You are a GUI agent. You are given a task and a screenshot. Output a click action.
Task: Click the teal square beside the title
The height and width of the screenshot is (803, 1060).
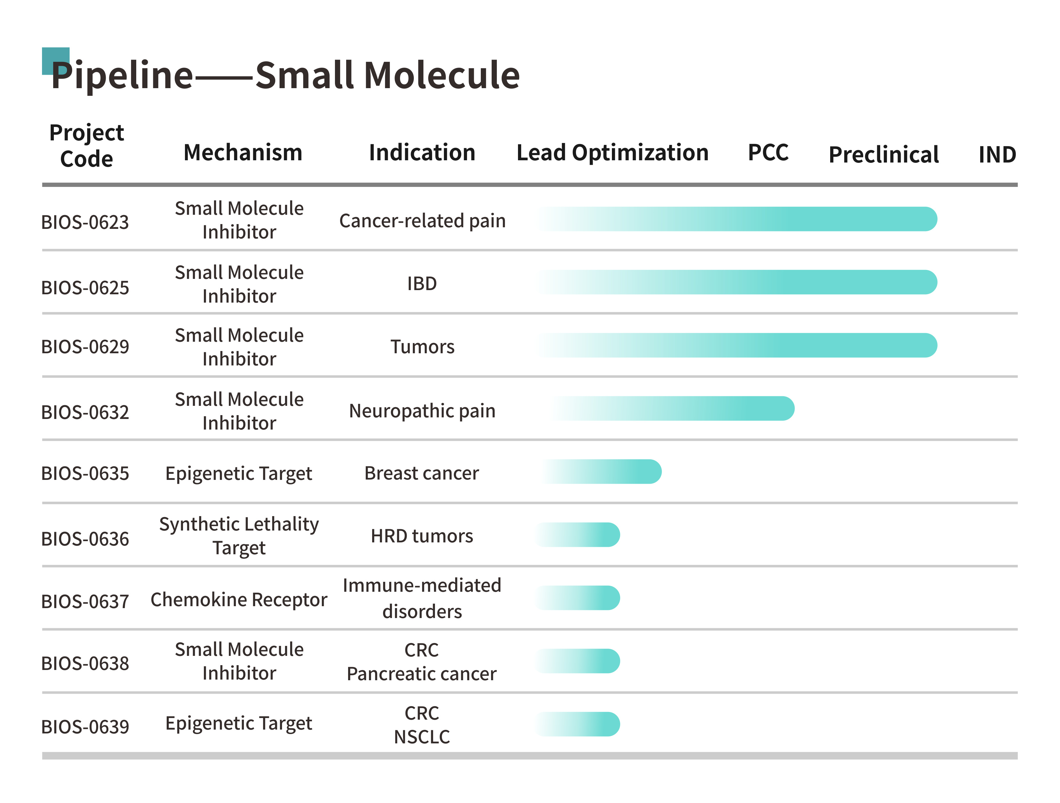click(55, 61)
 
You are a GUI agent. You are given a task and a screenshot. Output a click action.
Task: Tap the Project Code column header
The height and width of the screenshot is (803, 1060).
click(87, 146)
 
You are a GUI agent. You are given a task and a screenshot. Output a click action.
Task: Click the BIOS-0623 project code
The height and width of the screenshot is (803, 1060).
click(85, 222)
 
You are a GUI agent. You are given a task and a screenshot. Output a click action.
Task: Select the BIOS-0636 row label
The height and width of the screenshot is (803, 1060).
click(85, 539)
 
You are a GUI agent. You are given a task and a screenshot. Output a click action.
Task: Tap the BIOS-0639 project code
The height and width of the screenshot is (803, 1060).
click(85, 727)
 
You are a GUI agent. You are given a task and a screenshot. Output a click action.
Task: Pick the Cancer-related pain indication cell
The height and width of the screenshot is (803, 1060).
click(422, 221)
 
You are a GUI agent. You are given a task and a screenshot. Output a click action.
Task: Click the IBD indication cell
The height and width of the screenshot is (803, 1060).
click(422, 284)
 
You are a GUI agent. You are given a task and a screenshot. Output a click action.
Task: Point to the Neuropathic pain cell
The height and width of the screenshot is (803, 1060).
click(422, 411)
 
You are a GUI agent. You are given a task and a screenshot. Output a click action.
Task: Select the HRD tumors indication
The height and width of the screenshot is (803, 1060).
click(422, 536)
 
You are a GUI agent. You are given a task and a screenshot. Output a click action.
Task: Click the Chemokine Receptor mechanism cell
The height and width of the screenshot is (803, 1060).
click(239, 600)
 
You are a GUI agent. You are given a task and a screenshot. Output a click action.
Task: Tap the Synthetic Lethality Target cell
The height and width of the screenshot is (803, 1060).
click(239, 536)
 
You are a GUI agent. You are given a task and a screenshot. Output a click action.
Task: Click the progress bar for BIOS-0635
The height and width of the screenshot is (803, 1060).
click(601, 472)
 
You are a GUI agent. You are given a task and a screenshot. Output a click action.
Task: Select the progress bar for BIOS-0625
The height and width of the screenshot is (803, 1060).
click(737, 282)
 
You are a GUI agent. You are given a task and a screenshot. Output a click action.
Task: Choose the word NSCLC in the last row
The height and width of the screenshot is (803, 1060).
click(422, 737)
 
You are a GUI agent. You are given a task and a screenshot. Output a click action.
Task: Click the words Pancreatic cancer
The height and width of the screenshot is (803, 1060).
click(422, 674)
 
